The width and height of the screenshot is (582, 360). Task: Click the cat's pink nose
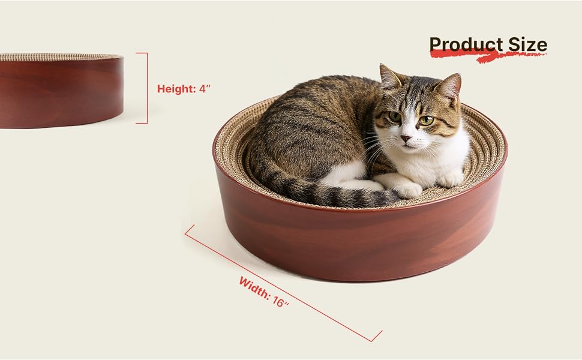(x=406, y=139)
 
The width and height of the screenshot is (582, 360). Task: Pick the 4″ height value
(x=205, y=89)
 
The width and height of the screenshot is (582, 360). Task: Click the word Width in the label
(x=254, y=287)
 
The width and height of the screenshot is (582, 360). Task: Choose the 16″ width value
(x=280, y=301)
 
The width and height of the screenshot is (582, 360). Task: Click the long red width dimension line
(x=283, y=283)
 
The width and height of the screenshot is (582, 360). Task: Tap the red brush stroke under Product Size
(x=488, y=56)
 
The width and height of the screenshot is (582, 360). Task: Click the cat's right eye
(x=395, y=116)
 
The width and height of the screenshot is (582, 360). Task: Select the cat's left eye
(x=426, y=120)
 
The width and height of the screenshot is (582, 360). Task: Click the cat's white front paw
(x=408, y=190)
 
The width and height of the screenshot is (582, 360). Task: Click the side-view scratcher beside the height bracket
(x=61, y=91)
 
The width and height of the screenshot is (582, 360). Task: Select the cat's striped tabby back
(x=312, y=122)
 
